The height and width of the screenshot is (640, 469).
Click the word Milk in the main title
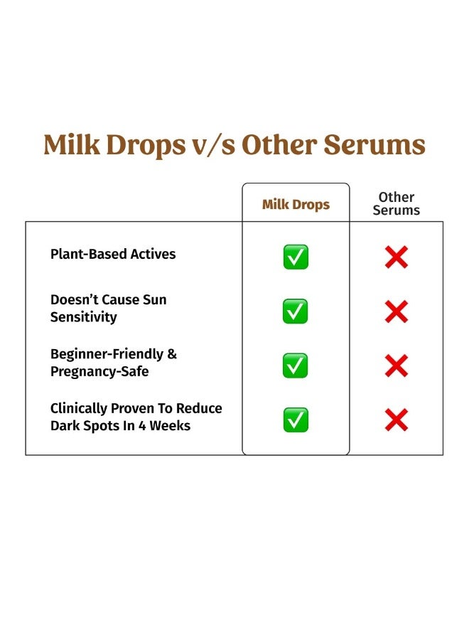(73, 144)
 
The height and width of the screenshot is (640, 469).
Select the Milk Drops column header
(296, 205)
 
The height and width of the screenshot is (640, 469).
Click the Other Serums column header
(396, 203)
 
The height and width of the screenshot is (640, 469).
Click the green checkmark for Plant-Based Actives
(296, 257)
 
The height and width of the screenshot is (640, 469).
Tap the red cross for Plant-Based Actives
(396, 257)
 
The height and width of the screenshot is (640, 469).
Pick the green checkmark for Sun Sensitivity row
(296, 311)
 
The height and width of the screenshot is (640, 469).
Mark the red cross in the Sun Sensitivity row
(396, 311)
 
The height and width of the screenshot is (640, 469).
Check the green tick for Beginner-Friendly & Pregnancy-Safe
(296, 366)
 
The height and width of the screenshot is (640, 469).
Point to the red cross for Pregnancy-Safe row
(396, 366)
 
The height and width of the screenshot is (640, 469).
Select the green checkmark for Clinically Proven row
(296, 420)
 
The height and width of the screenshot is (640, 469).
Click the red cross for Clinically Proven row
(396, 420)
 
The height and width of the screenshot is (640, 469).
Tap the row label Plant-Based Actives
(113, 254)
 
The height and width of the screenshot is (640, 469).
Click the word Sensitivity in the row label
(83, 317)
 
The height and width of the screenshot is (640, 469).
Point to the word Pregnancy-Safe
(99, 371)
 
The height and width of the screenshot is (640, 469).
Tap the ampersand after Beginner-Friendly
(172, 354)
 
